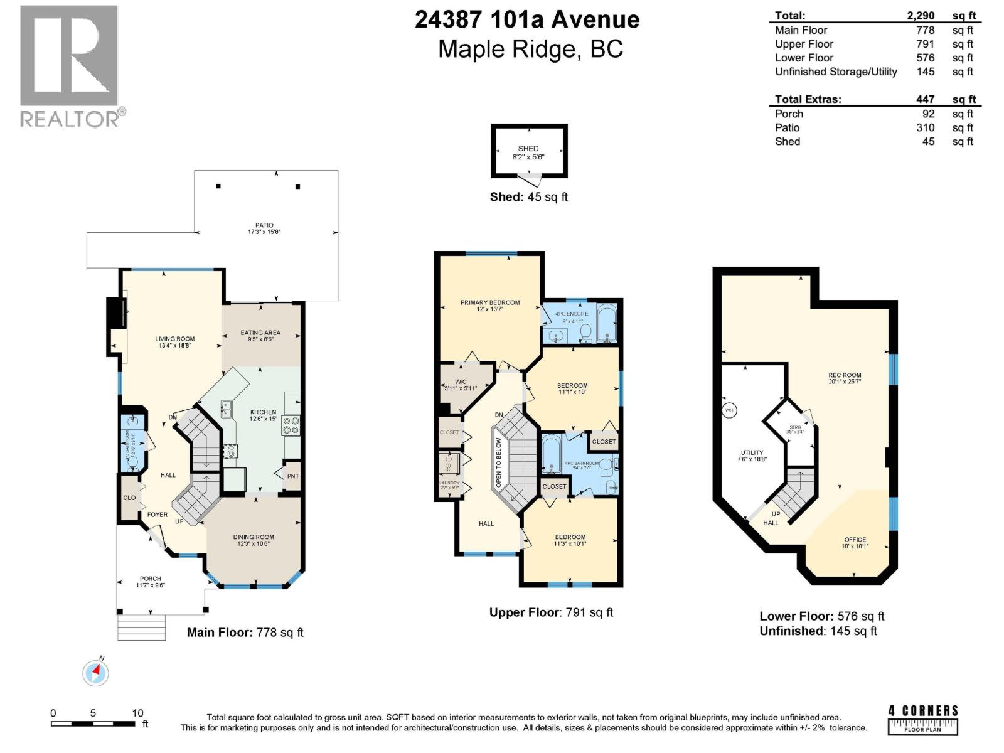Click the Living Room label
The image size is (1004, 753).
pos(175,342)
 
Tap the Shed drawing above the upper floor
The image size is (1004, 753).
pos(529,151)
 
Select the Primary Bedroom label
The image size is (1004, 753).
pos(490,306)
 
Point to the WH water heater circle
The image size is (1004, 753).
pos(729,410)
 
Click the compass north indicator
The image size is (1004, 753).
pos(96,673)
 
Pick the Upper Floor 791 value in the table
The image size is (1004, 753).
pos(925,44)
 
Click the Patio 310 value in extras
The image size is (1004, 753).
pos(925,127)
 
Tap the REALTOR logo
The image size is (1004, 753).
pos(70,66)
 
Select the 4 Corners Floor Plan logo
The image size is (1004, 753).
pos(923,719)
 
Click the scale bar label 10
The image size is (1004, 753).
pos(137,713)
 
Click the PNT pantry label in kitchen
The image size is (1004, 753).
pos(293,476)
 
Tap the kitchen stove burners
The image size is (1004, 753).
pos(291,426)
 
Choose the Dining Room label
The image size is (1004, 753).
pos(254,540)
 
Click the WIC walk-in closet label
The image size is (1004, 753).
pos(461,385)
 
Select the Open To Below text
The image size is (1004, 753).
pos(499,461)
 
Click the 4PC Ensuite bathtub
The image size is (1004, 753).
pos(607,323)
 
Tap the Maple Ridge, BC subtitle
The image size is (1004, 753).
pos(530,49)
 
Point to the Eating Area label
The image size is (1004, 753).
pos(260,336)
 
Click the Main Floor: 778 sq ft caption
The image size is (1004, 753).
pos(245,633)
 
